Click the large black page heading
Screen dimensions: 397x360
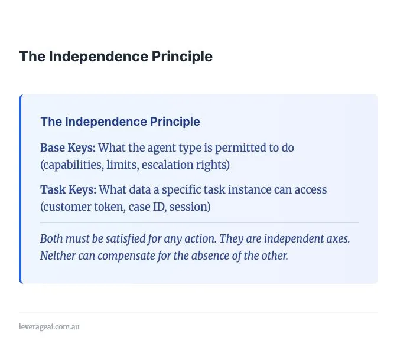[x=116, y=57]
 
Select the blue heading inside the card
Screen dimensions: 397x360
[x=121, y=122]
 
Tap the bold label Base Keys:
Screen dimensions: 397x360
[x=68, y=148]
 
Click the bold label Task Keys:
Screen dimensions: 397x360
[x=69, y=190]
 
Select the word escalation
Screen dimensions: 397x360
[x=168, y=165]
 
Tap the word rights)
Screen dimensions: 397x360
[x=213, y=165]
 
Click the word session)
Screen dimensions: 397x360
[x=190, y=207]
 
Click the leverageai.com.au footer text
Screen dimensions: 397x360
[x=49, y=326]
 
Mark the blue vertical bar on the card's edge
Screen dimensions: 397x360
[x=21, y=189]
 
